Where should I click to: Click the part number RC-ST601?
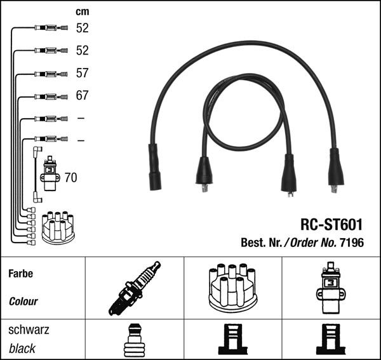(331, 224)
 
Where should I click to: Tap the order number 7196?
(352, 243)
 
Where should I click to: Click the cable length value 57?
(82, 73)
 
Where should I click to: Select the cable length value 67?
(82, 95)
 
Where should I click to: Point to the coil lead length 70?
(70, 178)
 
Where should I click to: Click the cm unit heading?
(83, 11)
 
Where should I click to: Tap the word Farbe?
(21, 274)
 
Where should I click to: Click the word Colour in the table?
(23, 302)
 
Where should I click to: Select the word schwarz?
(29, 330)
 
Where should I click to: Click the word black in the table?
(22, 349)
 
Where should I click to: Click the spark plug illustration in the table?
(135, 288)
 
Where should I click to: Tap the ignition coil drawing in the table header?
(331, 288)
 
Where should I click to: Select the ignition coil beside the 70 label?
(50, 173)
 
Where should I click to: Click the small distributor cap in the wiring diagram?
(58, 227)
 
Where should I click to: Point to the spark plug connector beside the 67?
(51, 97)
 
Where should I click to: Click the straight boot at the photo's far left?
(154, 167)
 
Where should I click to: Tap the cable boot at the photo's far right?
(336, 170)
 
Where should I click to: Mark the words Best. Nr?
(261, 243)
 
